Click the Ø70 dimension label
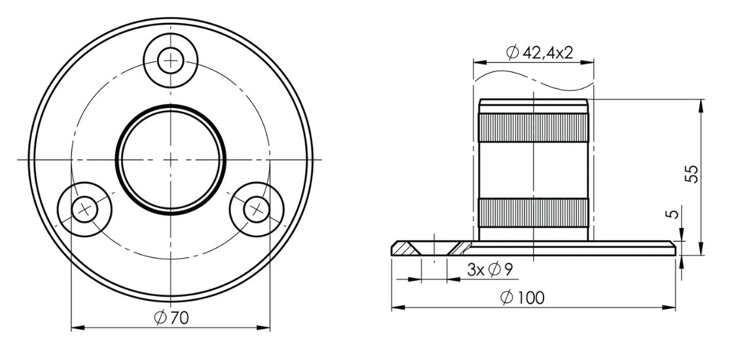pyautogui.click(x=171, y=318)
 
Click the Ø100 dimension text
pyautogui.click(x=522, y=298)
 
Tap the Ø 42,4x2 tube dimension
pyautogui.click(x=540, y=53)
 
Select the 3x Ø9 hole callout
pyautogui.click(x=489, y=269)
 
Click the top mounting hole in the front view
pyautogui.click(x=171, y=61)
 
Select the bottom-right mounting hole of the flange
pyautogui.click(x=256, y=209)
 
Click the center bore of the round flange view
pyautogui.click(x=171, y=160)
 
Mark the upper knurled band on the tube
pyautogui.click(x=534, y=127)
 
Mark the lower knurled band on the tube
pyautogui.click(x=534, y=212)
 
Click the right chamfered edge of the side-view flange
pyautogui.click(x=672, y=247)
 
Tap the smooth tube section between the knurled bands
pyautogui.click(x=534, y=170)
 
